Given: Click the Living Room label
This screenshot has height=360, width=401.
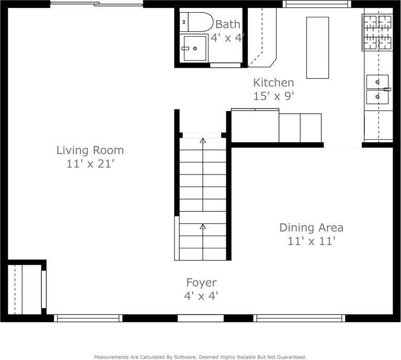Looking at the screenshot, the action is [90, 150].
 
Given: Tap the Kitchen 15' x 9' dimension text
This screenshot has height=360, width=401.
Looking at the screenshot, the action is [274, 96].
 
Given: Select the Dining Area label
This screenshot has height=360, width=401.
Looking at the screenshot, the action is [311, 227].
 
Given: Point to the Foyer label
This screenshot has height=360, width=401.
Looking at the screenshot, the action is [201, 282].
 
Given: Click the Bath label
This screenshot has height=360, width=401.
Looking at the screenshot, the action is [228, 24].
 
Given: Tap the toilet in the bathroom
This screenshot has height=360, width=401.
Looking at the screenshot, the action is [196, 22].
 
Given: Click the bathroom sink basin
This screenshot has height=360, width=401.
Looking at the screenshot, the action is [195, 48].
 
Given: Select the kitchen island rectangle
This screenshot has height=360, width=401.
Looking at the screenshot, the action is [318, 48].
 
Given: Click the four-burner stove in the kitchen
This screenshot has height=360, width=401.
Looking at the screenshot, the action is [377, 32].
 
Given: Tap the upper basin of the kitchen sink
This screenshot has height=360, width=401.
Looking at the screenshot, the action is [377, 82].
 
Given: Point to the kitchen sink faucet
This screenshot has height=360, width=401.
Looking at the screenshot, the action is [387, 89].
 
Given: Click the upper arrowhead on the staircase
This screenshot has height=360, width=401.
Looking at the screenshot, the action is [203, 140].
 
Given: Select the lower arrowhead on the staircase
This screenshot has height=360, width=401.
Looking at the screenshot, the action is [203, 226].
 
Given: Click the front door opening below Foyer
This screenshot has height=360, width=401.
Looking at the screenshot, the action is [201, 318].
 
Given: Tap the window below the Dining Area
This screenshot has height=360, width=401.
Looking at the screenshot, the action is [299, 318].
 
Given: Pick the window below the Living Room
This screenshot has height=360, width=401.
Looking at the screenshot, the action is [88, 318].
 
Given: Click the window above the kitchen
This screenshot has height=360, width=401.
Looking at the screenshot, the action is [317, 4].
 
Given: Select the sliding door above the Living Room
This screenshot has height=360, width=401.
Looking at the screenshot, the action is [96, 4].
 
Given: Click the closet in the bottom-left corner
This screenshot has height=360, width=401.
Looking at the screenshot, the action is [25, 289].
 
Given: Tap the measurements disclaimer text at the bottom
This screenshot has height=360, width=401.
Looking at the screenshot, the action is [200, 357].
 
